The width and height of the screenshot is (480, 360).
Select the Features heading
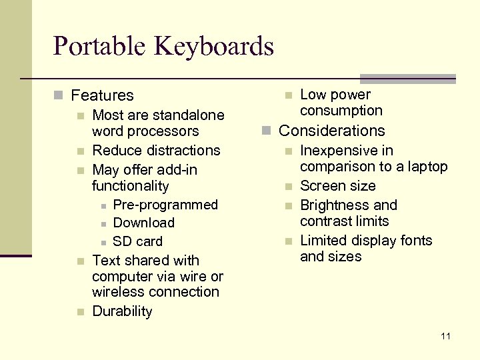102,96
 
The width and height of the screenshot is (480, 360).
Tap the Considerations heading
331,131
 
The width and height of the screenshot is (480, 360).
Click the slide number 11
445,336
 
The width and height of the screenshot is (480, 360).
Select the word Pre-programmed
165,205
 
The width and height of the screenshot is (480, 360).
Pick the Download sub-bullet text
143,223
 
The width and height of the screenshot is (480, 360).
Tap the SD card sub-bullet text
137,241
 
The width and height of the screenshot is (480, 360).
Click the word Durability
122,311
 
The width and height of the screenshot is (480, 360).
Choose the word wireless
117,292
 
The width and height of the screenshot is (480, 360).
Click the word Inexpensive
337,151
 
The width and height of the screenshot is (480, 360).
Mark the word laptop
427,167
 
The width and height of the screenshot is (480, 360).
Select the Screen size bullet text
337,186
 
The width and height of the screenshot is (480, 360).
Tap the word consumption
341,111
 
